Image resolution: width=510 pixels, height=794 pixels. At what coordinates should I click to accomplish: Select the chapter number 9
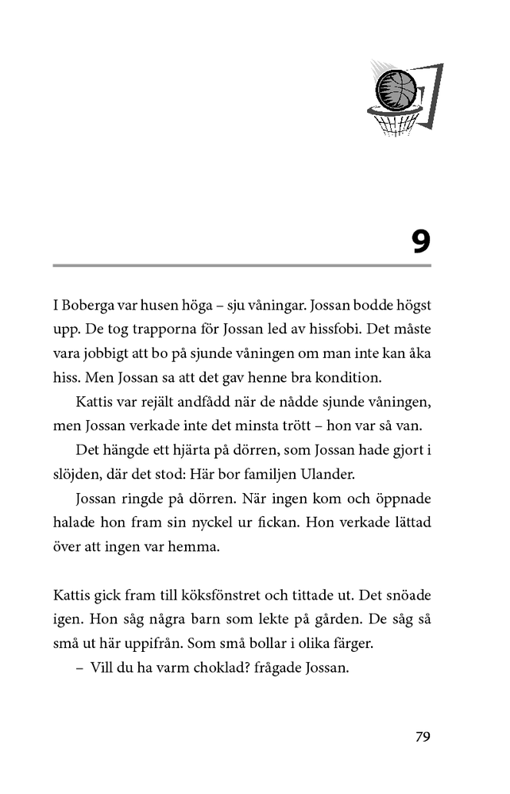coord(421,240)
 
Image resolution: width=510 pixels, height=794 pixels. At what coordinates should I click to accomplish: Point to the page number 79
coord(423,736)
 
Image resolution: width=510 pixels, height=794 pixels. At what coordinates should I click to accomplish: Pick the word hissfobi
coord(372,329)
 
